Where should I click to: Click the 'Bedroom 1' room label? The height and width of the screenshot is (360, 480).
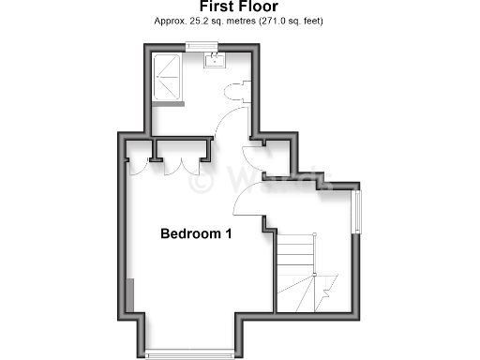tap(195, 233)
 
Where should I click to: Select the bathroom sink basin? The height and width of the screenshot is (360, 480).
tap(215, 61)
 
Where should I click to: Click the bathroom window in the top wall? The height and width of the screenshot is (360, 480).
tap(202, 46)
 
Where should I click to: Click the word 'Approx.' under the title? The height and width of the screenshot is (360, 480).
tap(169, 21)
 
